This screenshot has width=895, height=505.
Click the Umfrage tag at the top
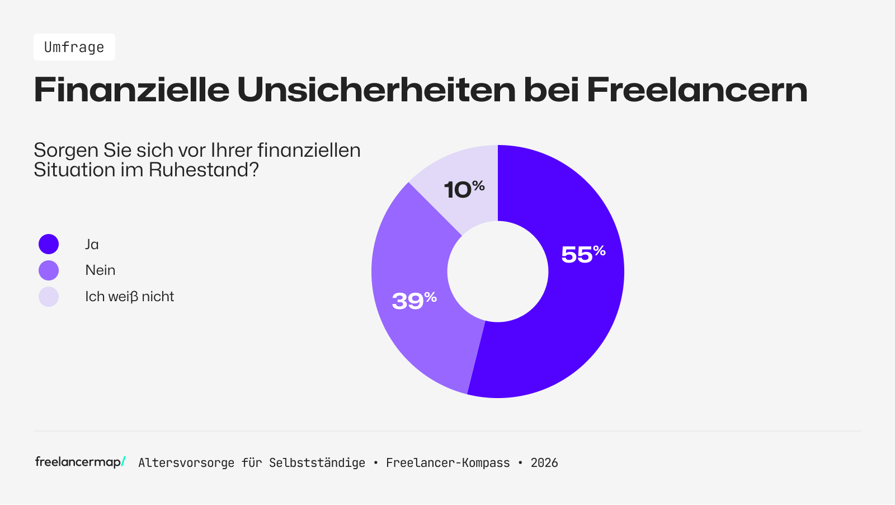pos(74,47)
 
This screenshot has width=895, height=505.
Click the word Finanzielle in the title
pos(131,90)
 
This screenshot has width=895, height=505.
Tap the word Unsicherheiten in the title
pos(376,90)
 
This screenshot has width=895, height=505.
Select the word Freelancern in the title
pos(697,90)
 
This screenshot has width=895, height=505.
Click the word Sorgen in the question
pos(66,151)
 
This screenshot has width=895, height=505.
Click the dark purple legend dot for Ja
pos(49,244)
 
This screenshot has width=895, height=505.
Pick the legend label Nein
pos(100,270)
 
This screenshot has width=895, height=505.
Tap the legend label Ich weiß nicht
pos(129,297)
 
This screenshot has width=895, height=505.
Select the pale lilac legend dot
pos(49,297)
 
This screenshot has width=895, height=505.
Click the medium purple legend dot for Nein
pos(49,270)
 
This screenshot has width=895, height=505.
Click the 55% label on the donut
pos(583,254)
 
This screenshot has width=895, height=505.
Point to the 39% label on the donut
pos(414,301)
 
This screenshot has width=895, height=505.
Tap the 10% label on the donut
pos(464,189)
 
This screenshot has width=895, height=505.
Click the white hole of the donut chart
pos(498,272)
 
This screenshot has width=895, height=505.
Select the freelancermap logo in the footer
pos(80,462)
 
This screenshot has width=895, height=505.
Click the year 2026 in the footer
pos(544,463)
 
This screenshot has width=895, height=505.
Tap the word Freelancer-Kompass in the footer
pos(448,463)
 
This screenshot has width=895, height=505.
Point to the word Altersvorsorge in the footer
pos(186,463)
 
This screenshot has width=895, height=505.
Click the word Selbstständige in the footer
pos(317,463)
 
